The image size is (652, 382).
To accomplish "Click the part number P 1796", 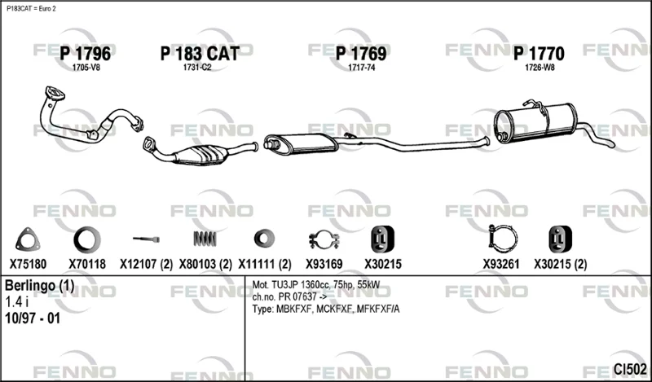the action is click(x=86, y=54).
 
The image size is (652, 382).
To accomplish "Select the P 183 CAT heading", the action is click(x=200, y=54).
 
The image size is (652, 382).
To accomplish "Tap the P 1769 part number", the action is click(x=361, y=54).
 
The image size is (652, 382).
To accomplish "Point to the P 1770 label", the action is click(x=539, y=54).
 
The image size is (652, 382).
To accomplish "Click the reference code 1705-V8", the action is click(x=86, y=68).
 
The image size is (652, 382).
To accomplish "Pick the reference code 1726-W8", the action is click(x=540, y=68).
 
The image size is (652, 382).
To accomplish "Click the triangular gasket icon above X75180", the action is click(x=28, y=239).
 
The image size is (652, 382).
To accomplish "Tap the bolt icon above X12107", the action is click(x=147, y=239).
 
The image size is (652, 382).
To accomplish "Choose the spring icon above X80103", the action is click(x=205, y=239).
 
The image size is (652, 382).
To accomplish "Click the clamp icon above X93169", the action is click(x=324, y=239).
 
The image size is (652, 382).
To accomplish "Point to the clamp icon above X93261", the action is click(x=503, y=239).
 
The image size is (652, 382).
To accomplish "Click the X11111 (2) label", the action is click(x=264, y=264).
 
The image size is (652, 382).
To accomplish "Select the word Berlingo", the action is click(x=30, y=286).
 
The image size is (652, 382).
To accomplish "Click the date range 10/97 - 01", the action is click(x=33, y=318).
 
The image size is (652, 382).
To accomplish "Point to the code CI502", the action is click(x=630, y=369).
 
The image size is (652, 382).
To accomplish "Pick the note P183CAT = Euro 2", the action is click(x=31, y=9).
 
